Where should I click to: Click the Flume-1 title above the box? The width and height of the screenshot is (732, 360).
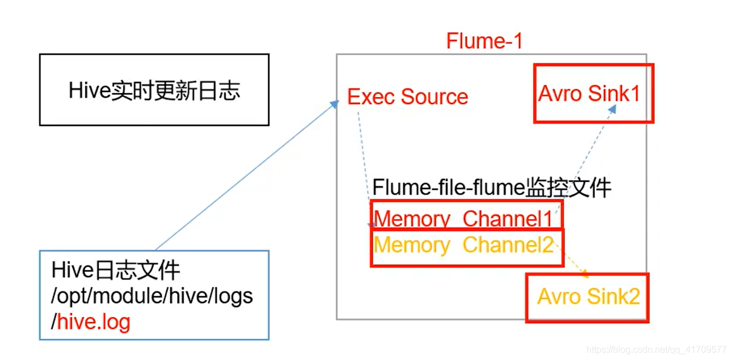pyautogui.click(x=484, y=41)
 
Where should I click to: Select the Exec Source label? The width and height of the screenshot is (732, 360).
pyautogui.click(x=407, y=97)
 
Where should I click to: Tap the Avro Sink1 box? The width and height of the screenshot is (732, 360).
pyautogui.click(x=593, y=93)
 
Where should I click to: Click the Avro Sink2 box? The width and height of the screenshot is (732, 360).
pyautogui.click(x=588, y=297)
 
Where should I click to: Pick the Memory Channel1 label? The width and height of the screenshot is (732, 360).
pyautogui.click(x=463, y=219)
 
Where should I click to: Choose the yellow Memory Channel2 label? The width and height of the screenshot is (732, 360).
pyautogui.click(x=463, y=246)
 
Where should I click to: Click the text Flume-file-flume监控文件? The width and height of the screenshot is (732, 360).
pyautogui.click(x=491, y=188)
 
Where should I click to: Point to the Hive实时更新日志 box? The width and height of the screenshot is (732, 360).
pyautogui.click(x=154, y=90)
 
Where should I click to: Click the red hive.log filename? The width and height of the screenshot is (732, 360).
pyautogui.click(x=93, y=321)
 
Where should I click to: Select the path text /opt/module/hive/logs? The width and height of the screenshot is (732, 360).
pyautogui.click(x=152, y=296)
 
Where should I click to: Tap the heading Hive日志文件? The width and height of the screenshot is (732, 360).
pyautogui.click(x=116, y=270)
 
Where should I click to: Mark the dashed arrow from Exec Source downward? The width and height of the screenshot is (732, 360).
pyautogui.click(x=363, y=161)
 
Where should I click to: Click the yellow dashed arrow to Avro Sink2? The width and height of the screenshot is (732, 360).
pyautogui.click(x=573, y=262)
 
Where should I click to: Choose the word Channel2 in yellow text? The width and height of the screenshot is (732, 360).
pyautogui.click(x=508, y=246)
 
